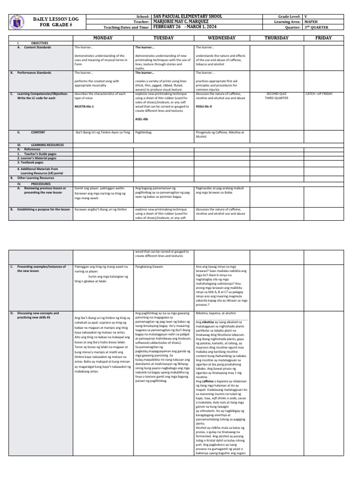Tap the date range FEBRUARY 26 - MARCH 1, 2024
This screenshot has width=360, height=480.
coord(186,27)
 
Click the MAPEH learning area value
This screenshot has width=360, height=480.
coord(311,21)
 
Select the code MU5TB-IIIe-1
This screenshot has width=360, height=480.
coord(84,107)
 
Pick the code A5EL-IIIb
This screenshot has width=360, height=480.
coord(142,119)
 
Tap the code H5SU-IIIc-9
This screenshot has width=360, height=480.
coord(204,107)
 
